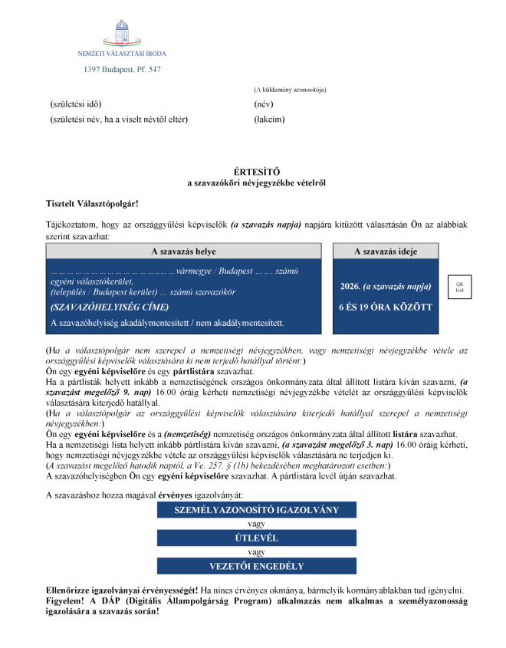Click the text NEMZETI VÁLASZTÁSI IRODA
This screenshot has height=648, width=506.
pyautogui.click(x=122, y=54)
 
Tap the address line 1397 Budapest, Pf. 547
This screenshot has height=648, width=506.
pyautogui.click(x=122, y=70)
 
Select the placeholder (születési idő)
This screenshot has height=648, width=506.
pyautogui.click(x=75, y=104)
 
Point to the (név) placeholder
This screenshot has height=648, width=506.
pyautogui.click(x=264, y=104)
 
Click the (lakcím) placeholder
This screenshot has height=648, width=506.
pyautogui.click(x=269, y=119)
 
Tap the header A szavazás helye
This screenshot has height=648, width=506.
pyautogui.click(x=183, y=252)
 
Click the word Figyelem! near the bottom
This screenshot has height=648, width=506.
pyautogui.click(x=66, y=603)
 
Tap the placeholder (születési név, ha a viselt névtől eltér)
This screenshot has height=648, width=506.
pyautogui.click(x=119, y=119)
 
